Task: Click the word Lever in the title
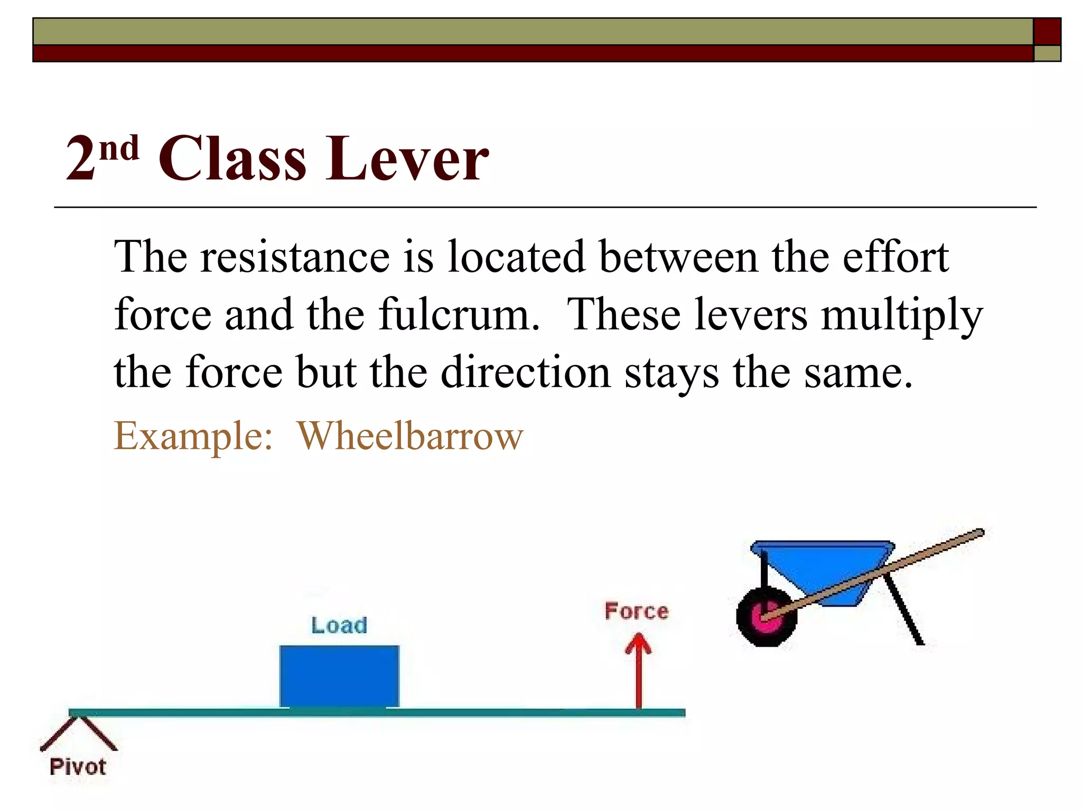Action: (407, 158)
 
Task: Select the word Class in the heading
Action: (232, 158)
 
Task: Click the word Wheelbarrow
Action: (410, 436)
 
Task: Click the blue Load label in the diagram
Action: (339, 625)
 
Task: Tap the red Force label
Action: (637, 611)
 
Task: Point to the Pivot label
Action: (78, 767)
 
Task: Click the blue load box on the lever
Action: (339, 676)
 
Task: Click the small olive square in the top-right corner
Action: (1047, 53)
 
